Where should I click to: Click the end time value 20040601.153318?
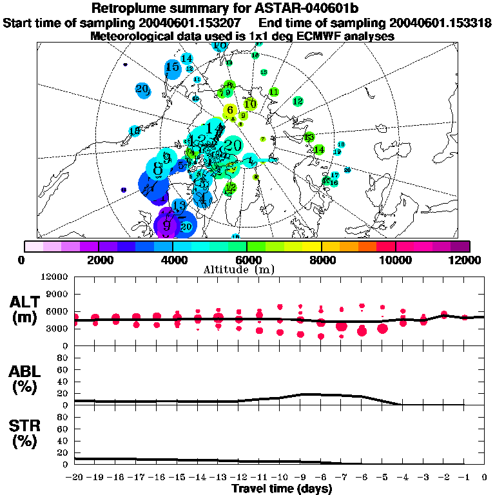[x=436, y=23]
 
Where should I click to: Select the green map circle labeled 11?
[x=274, y=92]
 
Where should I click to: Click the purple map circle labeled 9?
[x=166, y=226]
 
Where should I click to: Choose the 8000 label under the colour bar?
[x=321, y=260]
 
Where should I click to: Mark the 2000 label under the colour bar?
[x=97, y=260]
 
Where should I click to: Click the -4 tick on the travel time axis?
[x=403, y=478]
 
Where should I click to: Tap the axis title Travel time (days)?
[x=282, y=489]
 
